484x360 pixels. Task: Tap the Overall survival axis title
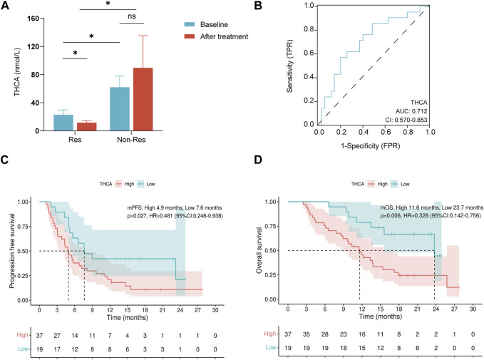click(259, 246)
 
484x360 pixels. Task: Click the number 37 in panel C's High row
click(41, 334)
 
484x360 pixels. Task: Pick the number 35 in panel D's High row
click(307, 334)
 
